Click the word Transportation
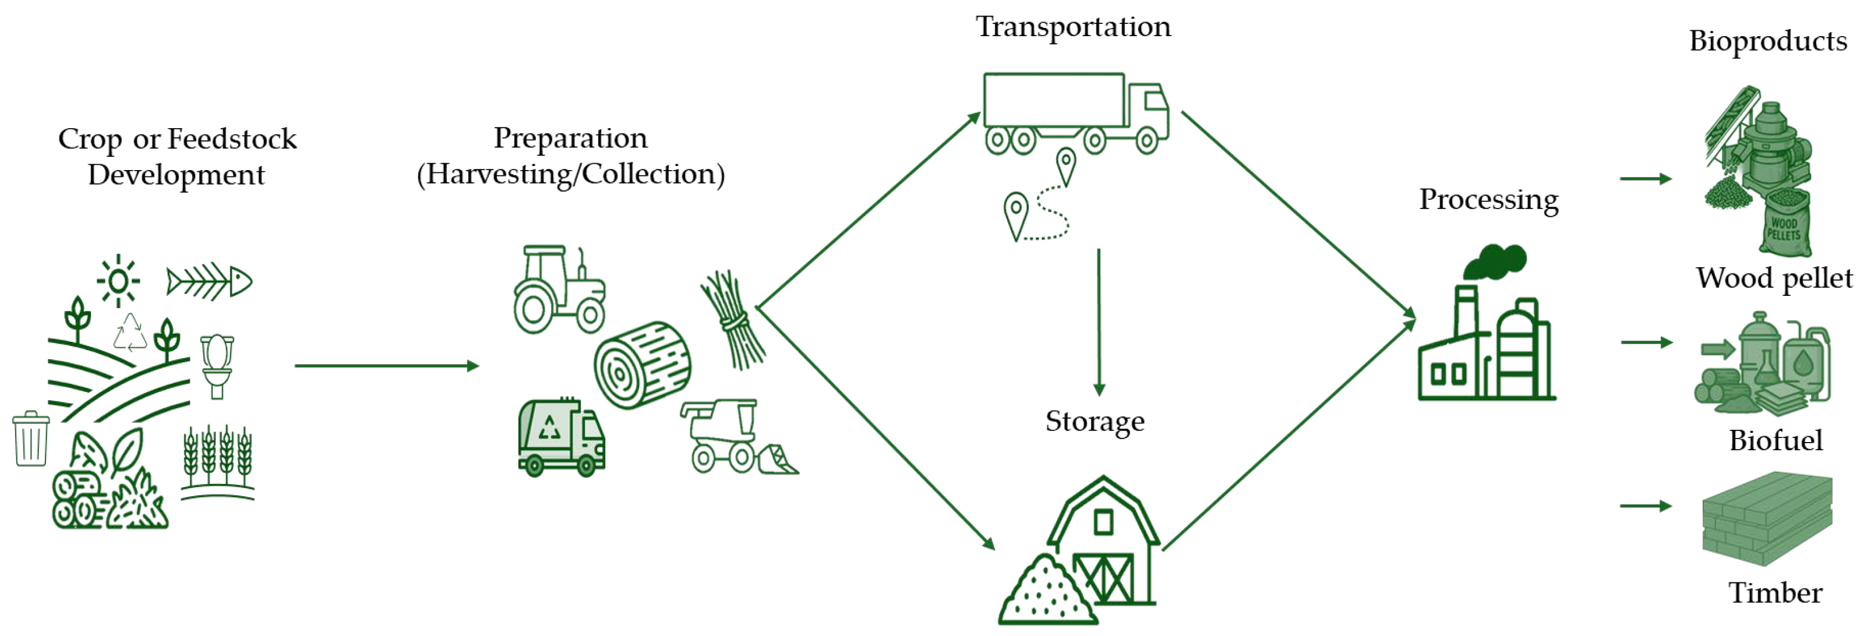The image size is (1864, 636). pyautogui.click(x=1072, y=27)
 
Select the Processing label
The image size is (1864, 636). pyautogui.click(x=1488, y=200)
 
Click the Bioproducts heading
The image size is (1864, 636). pyautogui.click(x=1767, y=41)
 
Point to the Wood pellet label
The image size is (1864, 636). pyautogui.click(x=1774, y=278)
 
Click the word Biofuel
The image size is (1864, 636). pyautogui.click(x=1775, y=440)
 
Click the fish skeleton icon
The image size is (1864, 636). pyautogui.click(x=209, y=281)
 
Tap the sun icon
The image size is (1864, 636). pyautogui.click(x=119, y=281)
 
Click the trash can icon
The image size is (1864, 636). pyautogui.click(x=31, y=439)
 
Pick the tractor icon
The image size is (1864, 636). pyautogui.click(x=559, y=289)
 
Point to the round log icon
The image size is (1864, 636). pyautogui.click(x=642, y=365)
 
